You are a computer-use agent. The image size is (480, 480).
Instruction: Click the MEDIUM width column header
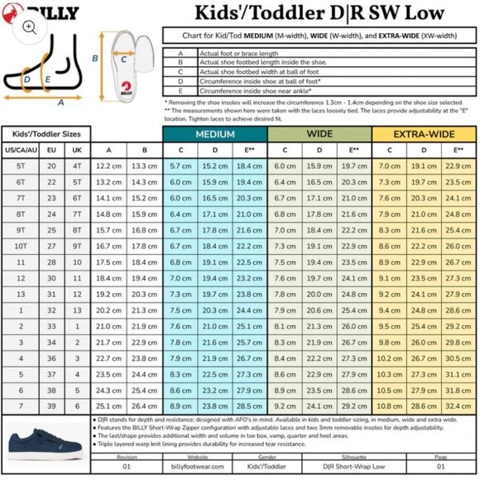click(x=214, y=134)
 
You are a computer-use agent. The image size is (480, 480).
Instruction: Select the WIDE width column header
click(x=319, y=134)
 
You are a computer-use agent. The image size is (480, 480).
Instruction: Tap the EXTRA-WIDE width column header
click(x=423, y=134)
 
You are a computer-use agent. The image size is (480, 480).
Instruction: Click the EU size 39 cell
click(x=51, y=406)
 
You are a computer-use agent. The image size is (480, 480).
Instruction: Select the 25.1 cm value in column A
click(x=109, y=406)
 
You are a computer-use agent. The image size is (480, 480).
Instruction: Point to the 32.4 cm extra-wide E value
click(x=458, y=406)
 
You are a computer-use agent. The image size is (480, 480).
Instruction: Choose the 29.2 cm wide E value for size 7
click(x=353, y=406)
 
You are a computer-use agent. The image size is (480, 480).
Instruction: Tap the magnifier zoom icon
click(x=29, y=26)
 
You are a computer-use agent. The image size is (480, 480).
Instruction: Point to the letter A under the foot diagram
click(x=60, y=102)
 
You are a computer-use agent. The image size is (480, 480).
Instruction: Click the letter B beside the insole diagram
click(x=96, y=58)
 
